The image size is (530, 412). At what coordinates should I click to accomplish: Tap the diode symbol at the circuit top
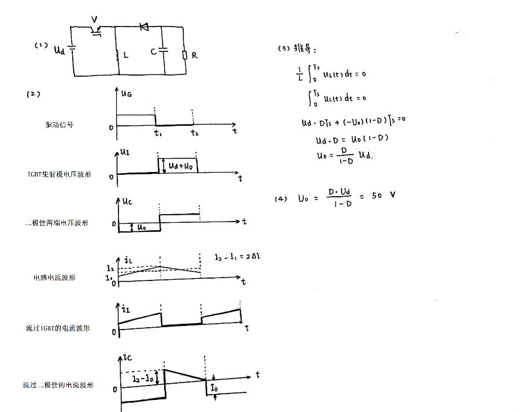click(x=144, y=27)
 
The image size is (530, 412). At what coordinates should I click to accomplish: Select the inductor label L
click(x=126, y=55)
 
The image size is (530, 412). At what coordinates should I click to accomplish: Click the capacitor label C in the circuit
click(x=153, y=52)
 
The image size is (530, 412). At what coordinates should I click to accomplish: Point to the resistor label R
click(x=194, y=55)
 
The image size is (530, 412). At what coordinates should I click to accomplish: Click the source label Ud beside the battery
click(x=59, y=50)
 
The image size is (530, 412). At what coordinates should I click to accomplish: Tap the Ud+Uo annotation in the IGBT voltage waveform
click(x=181, y=166)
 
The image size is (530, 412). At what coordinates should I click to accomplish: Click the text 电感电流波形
click(x=54, y=278)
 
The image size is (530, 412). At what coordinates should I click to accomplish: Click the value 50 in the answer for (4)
click(x=376, y=196)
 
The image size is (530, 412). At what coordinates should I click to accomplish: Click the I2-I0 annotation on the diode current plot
click(x=142, y=379)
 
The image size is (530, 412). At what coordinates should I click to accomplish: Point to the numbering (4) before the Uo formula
click(x=281, y=198)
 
